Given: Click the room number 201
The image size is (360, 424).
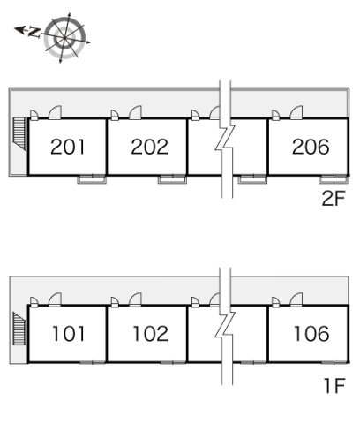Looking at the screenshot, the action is (x=68, y=147).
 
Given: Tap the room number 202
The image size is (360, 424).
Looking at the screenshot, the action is (x=149, y=147).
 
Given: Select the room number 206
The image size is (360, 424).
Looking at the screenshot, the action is (x=311, y=147).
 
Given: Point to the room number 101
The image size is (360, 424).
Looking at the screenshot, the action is (x=68, y=334).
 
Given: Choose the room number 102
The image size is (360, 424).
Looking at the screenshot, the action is (x=150, y=334).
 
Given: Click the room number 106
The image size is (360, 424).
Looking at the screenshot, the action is (x=311, y=334).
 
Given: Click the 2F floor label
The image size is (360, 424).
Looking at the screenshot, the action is (x=334, y=199).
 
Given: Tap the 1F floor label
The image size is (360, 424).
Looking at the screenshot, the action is (x=334, y=386).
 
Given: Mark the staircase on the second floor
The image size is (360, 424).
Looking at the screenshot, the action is (x=20, y=134).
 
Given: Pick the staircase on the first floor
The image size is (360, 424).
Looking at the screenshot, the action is (x=19, y=329).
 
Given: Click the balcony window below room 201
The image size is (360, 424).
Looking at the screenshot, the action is (x=92, y=179).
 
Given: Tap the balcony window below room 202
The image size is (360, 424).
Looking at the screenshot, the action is (x=172, y=179).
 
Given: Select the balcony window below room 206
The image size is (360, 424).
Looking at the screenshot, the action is (x=334, y=179).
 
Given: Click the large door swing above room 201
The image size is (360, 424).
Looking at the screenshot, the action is (x=55, y=112).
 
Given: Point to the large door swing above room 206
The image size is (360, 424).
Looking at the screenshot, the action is (x=296, y=112).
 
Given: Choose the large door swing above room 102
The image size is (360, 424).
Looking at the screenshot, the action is (x=135, y=299).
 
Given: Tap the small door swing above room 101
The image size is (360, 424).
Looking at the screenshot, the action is (x=34, y=302).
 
